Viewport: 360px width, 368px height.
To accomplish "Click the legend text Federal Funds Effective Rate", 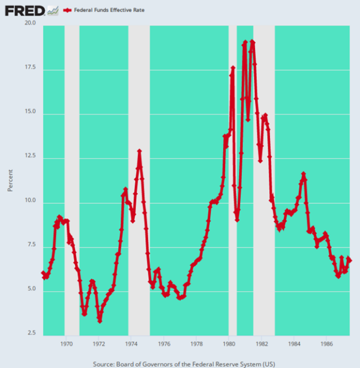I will (108, 11).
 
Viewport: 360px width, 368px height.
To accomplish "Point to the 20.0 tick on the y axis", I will (30, 24).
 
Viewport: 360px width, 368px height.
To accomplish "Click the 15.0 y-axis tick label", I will (30, 113).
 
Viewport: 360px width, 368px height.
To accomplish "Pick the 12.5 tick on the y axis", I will (30, 157).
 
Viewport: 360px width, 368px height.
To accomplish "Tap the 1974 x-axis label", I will (131, 344).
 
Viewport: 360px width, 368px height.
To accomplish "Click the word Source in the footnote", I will (106, 363).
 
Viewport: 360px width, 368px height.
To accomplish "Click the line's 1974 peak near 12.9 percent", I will (139, 151).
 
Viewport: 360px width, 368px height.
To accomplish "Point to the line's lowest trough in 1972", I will (100, 321).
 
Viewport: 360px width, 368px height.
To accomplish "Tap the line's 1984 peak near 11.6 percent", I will (304, 174).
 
